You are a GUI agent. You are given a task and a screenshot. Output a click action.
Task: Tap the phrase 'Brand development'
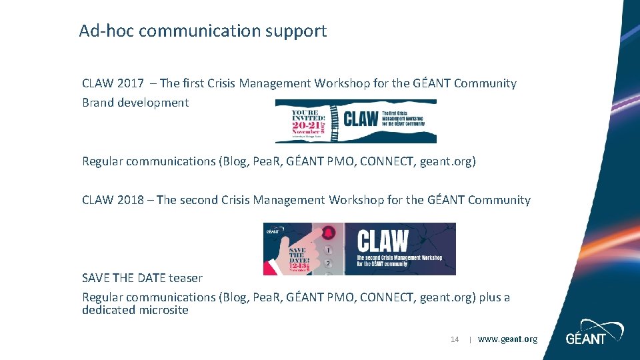coord(135,103)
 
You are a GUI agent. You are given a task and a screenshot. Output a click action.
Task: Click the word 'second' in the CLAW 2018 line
coord(201,200)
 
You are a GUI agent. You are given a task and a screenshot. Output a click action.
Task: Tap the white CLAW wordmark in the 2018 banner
coord(383,240)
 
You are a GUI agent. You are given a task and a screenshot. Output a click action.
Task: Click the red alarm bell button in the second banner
coord(328,233)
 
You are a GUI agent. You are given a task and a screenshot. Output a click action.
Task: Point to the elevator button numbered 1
coord(328,251)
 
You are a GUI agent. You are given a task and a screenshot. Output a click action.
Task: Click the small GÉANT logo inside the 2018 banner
coord(272,231)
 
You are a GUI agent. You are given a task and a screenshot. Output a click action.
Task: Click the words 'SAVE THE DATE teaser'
coord(142,278)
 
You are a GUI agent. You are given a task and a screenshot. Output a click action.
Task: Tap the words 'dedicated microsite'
coord(135,310)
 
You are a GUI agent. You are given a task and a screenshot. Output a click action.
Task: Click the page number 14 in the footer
coord(455,339)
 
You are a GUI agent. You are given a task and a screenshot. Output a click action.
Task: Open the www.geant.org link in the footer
coord(507,339)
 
